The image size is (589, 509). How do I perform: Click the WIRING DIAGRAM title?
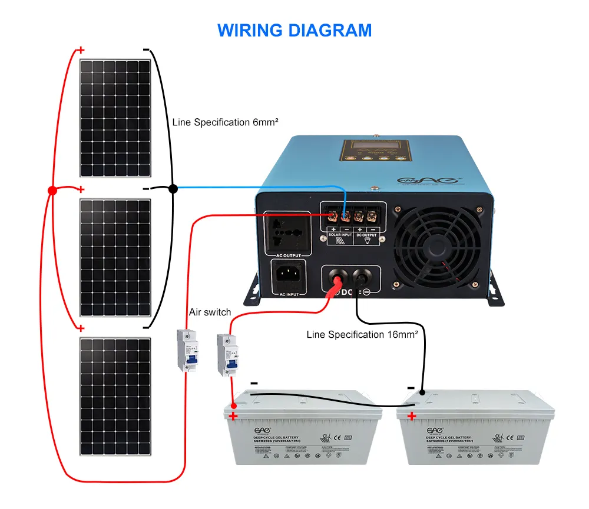coord(294,30)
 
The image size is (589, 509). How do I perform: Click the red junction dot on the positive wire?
coord(52,191)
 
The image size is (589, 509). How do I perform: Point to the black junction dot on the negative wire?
coord(173,189)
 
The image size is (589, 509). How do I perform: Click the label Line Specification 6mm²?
coord(225,122)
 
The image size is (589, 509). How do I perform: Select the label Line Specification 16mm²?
coord(362,334)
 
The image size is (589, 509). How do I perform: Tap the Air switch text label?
coord(210,312)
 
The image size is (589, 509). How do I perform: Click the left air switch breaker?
coord(187,350)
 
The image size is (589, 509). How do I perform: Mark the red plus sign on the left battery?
coord(233,417)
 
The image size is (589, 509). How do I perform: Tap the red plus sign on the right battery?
coord(411,417)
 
